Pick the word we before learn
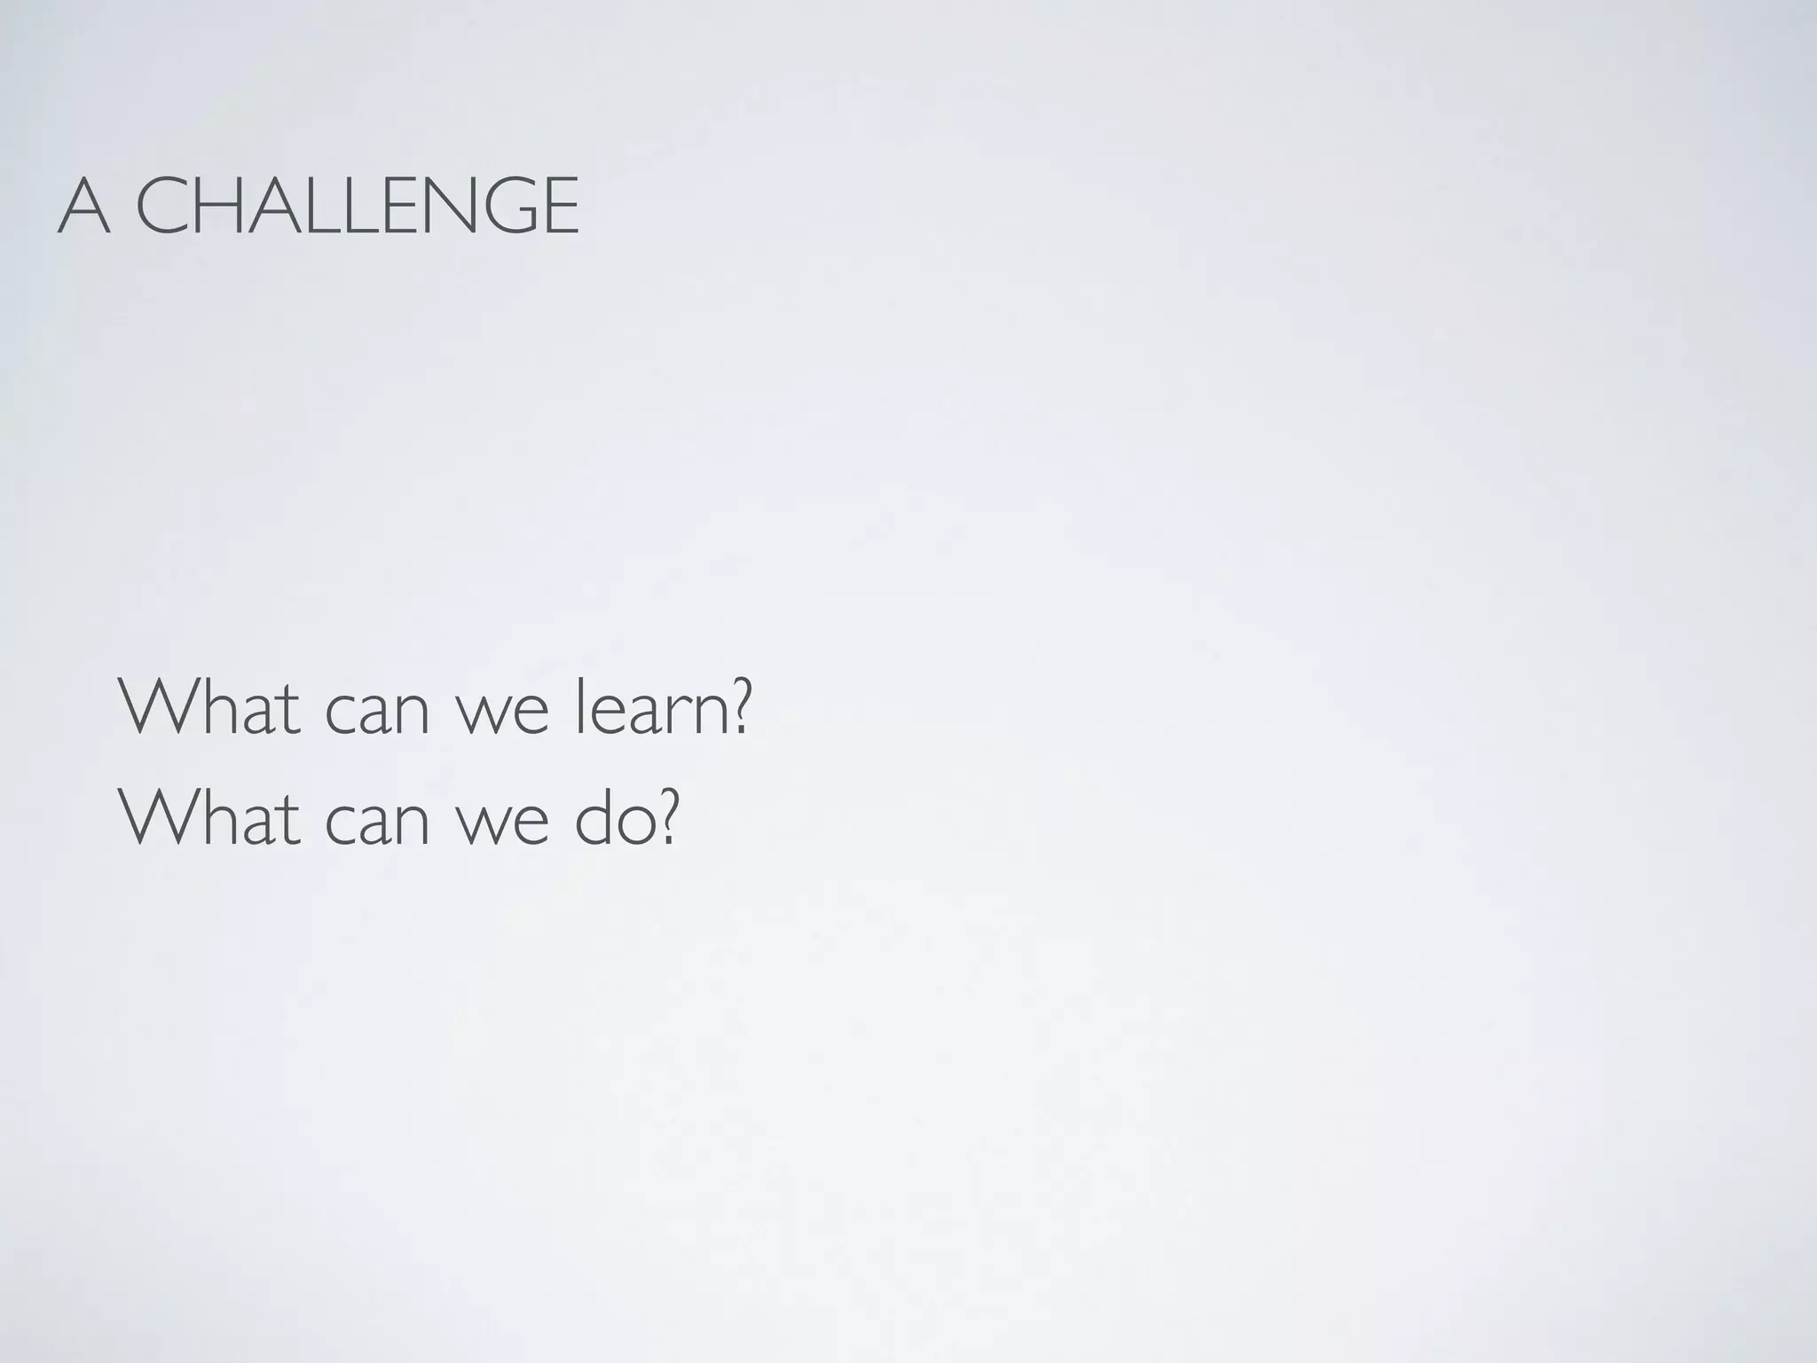[x=503, y=715]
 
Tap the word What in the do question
[x=209, y=817]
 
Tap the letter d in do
[x=592, y=817]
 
